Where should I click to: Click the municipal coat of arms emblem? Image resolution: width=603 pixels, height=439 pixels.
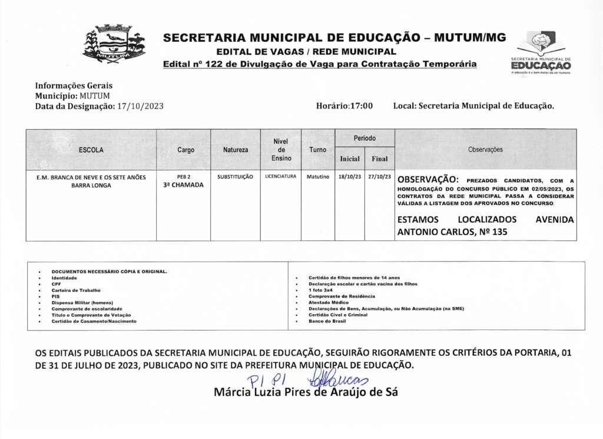pyautogui.click(x=114, y=44)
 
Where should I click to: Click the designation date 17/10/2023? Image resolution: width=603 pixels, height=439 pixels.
pyautogui.click(x=140, y=106)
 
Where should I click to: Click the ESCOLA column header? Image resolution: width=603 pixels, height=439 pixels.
pyautogui.click(x=91, y=150)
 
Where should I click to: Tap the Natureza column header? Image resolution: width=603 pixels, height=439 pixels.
pyautogui.click(x=236, y=150)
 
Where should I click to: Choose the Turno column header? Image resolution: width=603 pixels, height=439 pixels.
pyautogui.click(x=317, y=150)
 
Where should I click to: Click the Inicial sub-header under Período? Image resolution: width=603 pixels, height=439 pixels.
pyautogui.click(x=350, y=159)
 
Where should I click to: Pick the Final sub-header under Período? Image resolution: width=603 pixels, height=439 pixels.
pyautogui.click(x=379, y=159)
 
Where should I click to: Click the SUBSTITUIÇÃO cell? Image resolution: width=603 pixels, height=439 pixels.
pyautogui.click(x=235, y=177)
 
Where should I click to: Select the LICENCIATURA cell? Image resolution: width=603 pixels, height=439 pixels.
pyautogui.click(x=280, y=176)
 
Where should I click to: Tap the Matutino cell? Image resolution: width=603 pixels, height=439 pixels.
pyautogui.click(x=317, y=177)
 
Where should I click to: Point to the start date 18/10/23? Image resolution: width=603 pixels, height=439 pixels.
pyautogui.click(x=350, y=177)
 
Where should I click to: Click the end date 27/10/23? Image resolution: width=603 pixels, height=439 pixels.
pyautogui.click(x=379, y=177)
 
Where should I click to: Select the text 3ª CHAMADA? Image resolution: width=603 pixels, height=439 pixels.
pyautogui.click(x=183, y=185)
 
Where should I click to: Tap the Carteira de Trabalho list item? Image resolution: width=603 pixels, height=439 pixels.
pyautogui.click(x=76, y=290)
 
